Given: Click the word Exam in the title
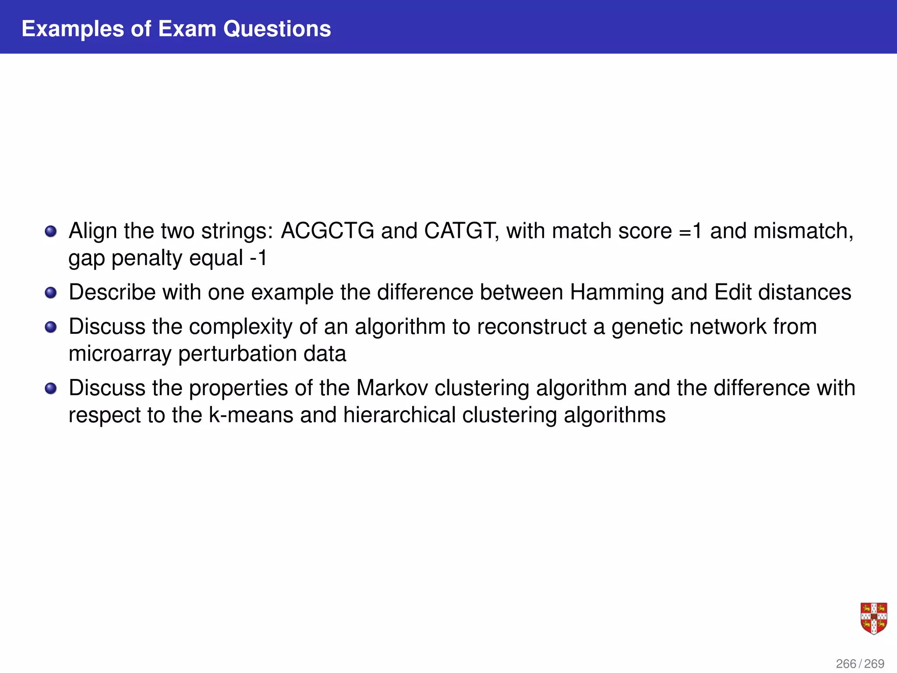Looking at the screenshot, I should pyautogui.click(x=187, y=29).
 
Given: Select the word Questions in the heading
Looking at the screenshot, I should pyautogui.click(x=277, y=29).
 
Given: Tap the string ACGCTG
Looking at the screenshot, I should pyautogui.click(x=327, y=231).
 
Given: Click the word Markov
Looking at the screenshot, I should pyautogui.click(x=392, y=388).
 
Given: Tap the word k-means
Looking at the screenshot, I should pyautogui.click(x=251, y=415).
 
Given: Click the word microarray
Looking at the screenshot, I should pyautogui.click(x=120, y=354).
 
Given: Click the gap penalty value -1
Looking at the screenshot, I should pyautogui.click(x=258, y=258).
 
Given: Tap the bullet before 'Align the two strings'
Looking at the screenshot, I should pyautogui.click(x=51, y=231).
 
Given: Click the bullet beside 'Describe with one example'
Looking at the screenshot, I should pyautogui.click(x=51, y=292).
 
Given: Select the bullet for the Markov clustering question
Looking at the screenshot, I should pyautogui.click(x=51, y=388).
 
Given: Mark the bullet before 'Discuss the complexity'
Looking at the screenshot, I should pyautogui.click(x=51, y=327).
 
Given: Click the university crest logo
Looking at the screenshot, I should pyautogui.click(x=873, y=618).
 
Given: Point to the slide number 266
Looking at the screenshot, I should pyautogui.click(x=846, y=664).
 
